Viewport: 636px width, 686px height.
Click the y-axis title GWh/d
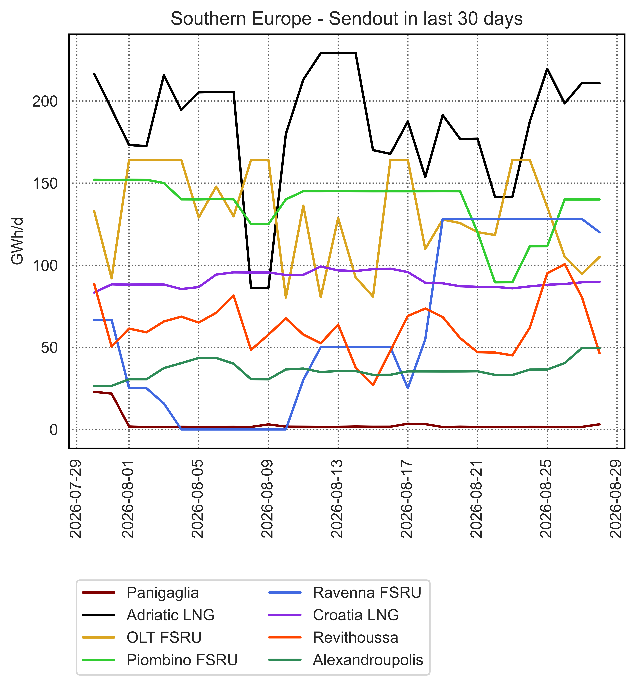[x=17, y=241]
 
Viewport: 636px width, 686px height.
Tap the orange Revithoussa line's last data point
[x=599, y=353]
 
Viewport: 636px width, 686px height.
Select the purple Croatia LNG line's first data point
[x=94, y=292]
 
